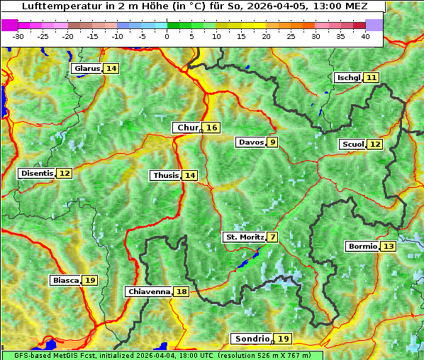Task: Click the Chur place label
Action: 187,128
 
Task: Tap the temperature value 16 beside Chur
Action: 212,128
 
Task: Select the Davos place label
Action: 250,142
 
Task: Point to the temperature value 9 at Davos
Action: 272,142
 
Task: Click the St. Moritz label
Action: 245,237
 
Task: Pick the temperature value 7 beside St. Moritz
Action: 272,237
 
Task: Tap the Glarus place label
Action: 87,69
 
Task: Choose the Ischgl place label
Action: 348,77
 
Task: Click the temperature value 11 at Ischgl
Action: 372,77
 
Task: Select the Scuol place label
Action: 352,145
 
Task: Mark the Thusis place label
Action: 165,175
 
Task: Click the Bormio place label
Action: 362,247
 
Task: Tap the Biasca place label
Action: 65,281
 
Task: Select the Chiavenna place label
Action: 149,291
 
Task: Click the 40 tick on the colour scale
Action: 365,35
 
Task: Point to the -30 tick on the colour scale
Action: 18,35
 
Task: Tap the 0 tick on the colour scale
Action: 167,35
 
